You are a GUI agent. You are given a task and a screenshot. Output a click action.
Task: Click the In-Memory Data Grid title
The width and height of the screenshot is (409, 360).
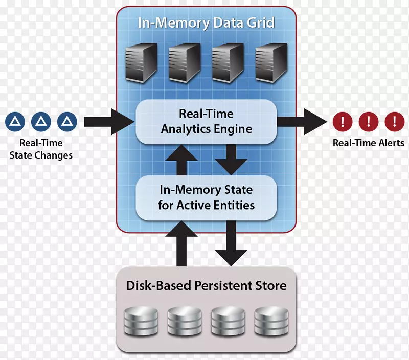coord(206,23)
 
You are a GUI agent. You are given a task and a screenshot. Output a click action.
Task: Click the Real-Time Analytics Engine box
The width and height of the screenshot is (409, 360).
coord(206,121)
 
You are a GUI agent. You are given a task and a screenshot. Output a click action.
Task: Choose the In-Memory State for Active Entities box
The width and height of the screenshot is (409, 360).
coord(206,198)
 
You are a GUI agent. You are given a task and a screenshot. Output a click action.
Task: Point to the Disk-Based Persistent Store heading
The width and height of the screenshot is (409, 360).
coord(206,285)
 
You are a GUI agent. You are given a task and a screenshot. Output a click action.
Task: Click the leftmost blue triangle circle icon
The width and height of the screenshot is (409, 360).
coord(15,121)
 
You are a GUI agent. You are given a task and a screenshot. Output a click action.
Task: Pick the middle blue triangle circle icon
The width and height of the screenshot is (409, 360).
coord(41,121)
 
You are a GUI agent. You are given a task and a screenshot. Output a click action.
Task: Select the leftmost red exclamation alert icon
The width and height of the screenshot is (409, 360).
coord(343,121)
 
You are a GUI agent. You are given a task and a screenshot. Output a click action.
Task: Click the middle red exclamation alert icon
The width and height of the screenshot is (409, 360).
coord(368,121)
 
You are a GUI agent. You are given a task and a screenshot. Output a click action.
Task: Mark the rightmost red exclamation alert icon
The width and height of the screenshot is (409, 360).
coord(394,121)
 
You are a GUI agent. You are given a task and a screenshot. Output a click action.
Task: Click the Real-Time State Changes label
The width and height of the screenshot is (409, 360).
coord(41,149)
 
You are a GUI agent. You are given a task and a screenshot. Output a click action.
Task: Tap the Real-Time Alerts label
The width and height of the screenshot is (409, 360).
coord(368,143)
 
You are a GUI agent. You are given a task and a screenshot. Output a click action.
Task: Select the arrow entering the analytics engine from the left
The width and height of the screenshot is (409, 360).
coord(107,121)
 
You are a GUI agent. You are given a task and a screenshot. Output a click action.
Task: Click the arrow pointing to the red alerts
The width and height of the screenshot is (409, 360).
coord(302,121)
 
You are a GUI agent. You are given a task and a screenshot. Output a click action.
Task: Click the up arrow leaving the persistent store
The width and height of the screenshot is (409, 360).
coord(181,245)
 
